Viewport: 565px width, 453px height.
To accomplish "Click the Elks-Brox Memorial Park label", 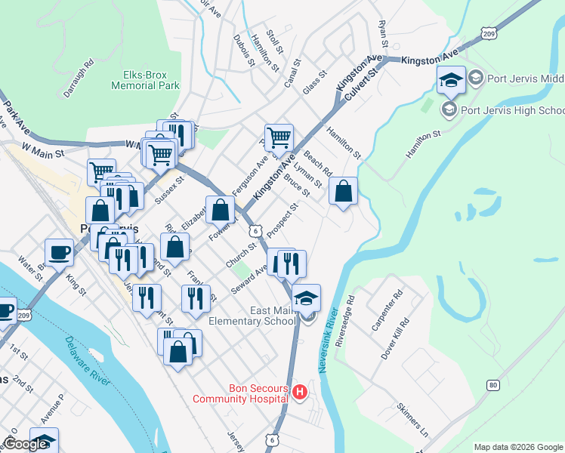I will point(145,80).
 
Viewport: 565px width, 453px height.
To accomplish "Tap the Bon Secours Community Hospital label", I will point(239,393).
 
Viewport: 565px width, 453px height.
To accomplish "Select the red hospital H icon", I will point(300,391).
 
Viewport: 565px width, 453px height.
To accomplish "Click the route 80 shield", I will point(493,385).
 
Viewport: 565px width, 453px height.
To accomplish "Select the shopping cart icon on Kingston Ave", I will point(279,138).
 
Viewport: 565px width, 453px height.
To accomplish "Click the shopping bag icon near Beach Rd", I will point(344,192).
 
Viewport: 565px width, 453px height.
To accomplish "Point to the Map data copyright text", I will point(517,447).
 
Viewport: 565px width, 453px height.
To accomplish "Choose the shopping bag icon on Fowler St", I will point(221,209).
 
